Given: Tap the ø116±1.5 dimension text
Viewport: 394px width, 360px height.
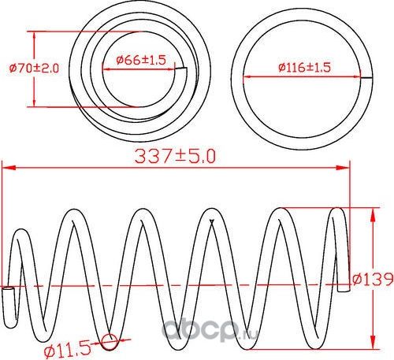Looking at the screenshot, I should [x=303, y=68].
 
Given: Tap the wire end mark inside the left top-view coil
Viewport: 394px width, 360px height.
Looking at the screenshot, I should [x=181, y=72].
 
